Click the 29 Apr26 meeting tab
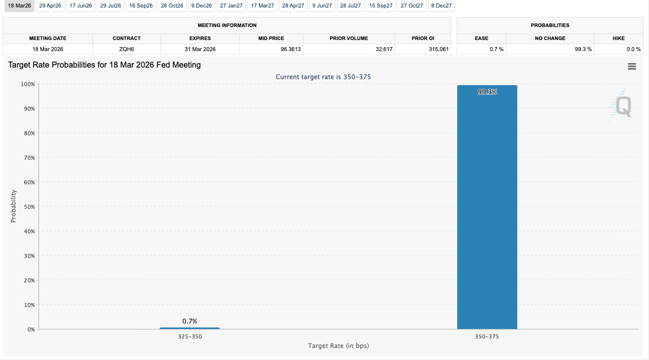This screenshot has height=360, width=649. click(50, 6)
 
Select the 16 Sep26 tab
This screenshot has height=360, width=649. click(141, 6)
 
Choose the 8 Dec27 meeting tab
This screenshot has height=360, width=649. click(441, 6)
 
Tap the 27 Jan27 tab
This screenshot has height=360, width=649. click(231, 6)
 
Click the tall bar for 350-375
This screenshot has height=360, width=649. click(487, 210)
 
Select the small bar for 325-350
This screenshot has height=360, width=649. click(190, 328)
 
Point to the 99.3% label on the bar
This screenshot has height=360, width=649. click(487, 92)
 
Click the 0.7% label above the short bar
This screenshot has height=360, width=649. click(190, 321)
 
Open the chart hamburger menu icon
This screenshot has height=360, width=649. click(631, 67)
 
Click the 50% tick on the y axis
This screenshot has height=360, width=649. click(29, 207)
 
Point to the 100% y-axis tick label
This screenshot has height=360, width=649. click(28, 84)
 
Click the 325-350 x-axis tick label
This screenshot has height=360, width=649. click(190, 337)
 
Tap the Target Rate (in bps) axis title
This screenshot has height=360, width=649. click(339, 346)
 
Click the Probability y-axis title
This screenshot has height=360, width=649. click(14, 206)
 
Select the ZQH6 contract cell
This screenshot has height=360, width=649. click(127, 49)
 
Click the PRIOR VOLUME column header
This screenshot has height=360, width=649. click(349, 38)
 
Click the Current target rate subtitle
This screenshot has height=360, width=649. click(323, 77)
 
